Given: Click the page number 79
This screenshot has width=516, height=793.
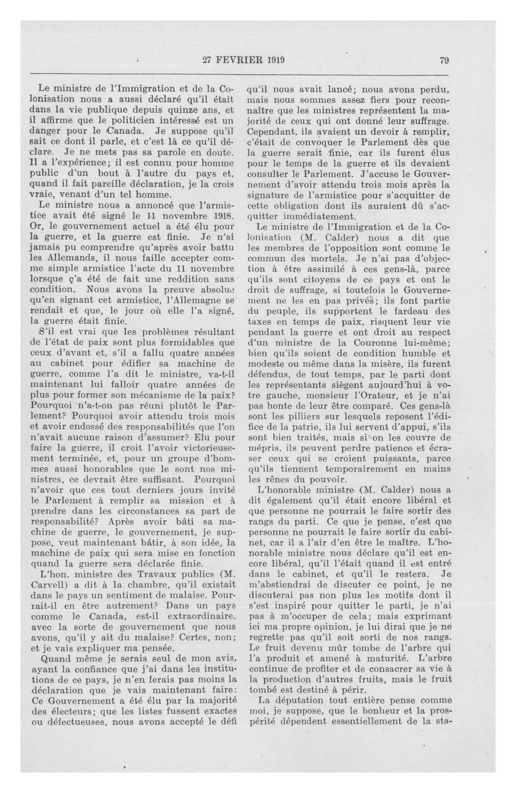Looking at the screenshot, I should (x=444, y=60).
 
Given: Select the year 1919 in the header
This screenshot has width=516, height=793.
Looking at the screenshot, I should (x=275, y=60).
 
